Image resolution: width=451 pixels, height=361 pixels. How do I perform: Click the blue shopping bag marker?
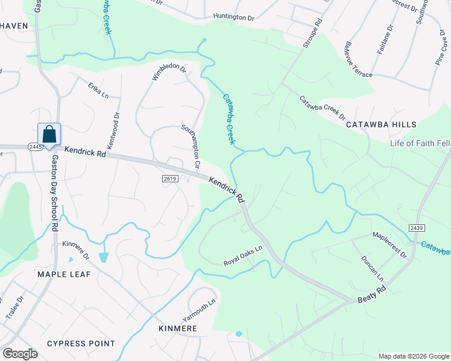click(49, 134)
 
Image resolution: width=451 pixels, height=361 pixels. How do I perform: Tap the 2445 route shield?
click(35, 147)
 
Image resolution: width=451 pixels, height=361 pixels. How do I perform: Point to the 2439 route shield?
click(416, 227)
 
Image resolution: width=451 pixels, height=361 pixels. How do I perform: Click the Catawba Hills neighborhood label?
click(381, 125)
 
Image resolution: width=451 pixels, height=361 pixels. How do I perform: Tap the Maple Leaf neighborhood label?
click(64, 274)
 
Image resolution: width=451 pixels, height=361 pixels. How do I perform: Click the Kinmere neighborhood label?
click(178, 329)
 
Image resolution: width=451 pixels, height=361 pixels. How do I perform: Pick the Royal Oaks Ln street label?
click(243, 256)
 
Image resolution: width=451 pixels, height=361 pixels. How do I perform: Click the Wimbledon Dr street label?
click(169, 71)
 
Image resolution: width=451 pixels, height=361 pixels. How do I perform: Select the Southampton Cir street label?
click(191, 146)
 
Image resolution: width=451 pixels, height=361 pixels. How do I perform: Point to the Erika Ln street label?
click(98, 91)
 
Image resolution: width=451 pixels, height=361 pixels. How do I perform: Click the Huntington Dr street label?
click(234, 18)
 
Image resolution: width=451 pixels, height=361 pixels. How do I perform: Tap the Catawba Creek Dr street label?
click(323, 108)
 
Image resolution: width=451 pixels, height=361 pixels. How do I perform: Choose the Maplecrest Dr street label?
click(390, 245)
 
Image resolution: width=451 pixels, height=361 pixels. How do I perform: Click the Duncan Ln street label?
click(372, 267)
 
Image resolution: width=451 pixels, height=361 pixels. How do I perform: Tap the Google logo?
click(20, 354)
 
